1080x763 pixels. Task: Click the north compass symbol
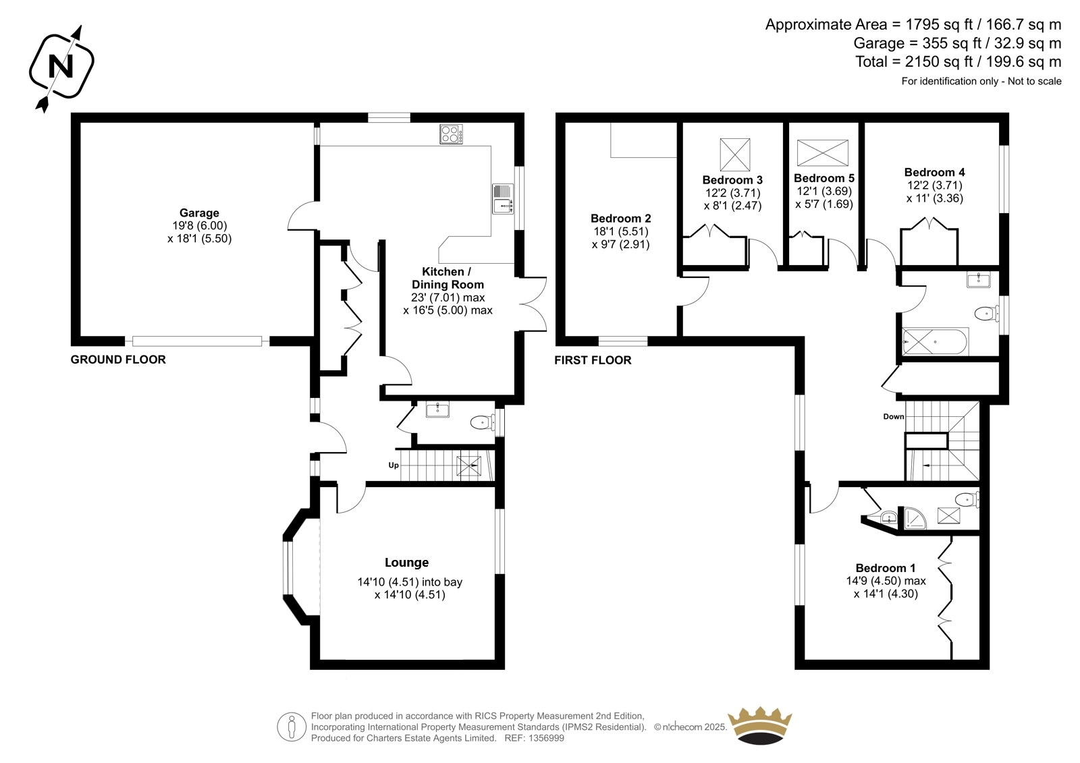coord(61,67)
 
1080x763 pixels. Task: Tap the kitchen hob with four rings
coord(452,134)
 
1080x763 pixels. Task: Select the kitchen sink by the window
coord(503,198)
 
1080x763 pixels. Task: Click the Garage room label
coord(199,213)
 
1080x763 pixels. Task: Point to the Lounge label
coord(406,563)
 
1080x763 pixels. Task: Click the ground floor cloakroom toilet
coord(483,423)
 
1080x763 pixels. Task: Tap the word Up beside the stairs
coord(394,465)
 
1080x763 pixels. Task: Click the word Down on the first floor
coord(894,416)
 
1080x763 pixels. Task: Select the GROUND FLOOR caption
coord(118,360)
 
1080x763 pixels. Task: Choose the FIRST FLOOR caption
coord(593,360)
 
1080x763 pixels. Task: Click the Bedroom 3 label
coord(732,180)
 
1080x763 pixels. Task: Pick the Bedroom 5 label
coord(824,178)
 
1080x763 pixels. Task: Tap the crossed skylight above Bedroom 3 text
coord(735,154)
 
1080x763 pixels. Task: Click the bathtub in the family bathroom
coord(935,342)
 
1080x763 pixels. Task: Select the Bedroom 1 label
coord(886,568)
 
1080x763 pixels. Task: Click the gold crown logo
coord(760,725)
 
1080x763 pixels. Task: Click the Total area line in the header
coord(958,61)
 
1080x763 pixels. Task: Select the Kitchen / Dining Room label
coord(448,278)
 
